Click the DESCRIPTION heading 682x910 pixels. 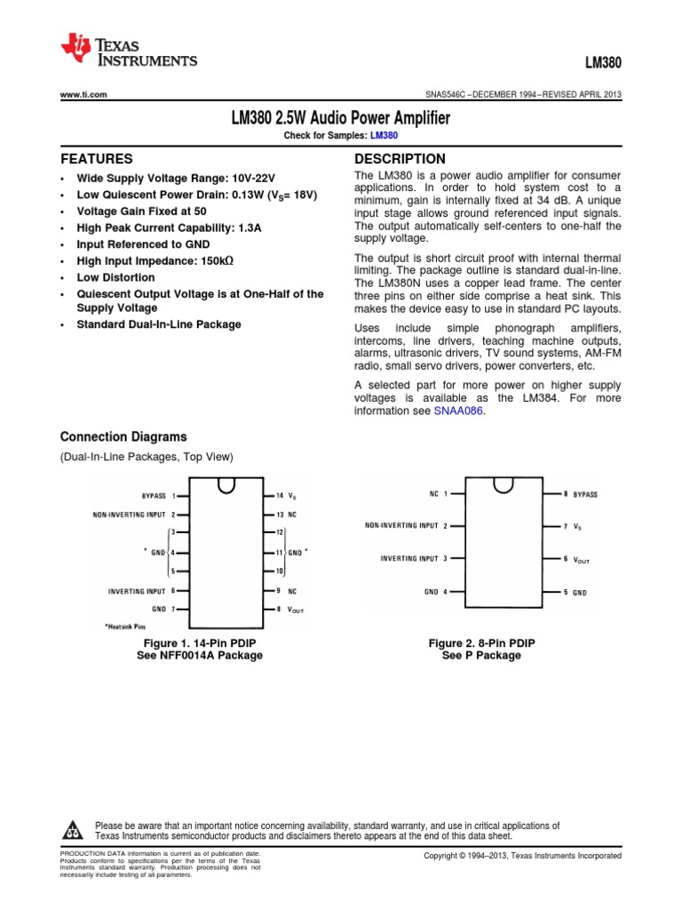(400, 159)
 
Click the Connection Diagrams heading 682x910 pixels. (123, 436)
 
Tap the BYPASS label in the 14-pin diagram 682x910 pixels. (154, 496)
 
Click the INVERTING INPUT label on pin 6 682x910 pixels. (137, 590)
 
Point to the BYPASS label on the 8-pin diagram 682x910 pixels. (585, 493)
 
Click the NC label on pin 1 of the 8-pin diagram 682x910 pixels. (433, 492)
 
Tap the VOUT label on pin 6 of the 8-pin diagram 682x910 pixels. (582, 559)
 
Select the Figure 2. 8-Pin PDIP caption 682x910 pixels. (481, 643)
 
